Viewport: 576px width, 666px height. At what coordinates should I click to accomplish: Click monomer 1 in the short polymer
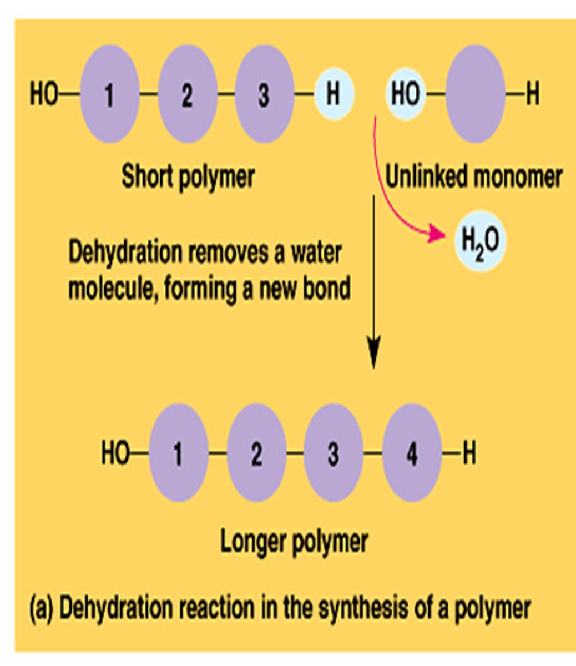[x=109, y=94]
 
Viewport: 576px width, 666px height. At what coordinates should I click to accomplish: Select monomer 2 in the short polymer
[x=186, y=94]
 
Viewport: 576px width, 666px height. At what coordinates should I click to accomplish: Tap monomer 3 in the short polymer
[x=264, y=94]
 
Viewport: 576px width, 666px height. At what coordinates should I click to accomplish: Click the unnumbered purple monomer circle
[x=475, y=94]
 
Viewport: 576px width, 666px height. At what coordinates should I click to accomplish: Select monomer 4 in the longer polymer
[x=411, y=453]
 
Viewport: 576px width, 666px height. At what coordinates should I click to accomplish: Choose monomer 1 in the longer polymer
[x=178, y=453]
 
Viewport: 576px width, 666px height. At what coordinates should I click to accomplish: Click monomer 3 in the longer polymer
[x=333, y=453]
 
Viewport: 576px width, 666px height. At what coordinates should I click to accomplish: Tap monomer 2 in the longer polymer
[x=256, y=453]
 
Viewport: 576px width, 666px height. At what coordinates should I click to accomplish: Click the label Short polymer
[x=188, y=176]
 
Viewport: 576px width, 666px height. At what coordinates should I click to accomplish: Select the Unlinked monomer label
[x=473, y=177]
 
